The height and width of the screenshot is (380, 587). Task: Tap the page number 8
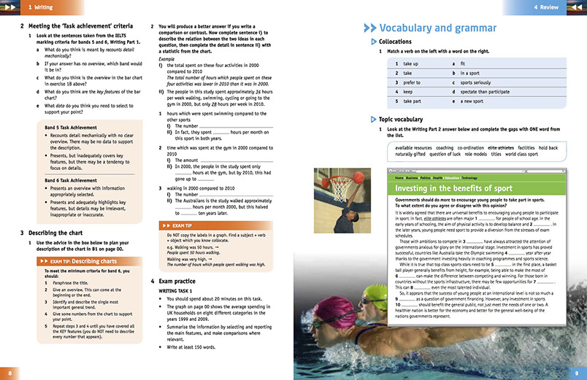[x=9, y=372]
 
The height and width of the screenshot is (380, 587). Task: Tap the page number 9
[x=576, y=372]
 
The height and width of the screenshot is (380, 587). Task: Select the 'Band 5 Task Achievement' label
[x=69, y=127]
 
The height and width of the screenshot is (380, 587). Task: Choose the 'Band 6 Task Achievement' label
[x=69, y=180]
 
